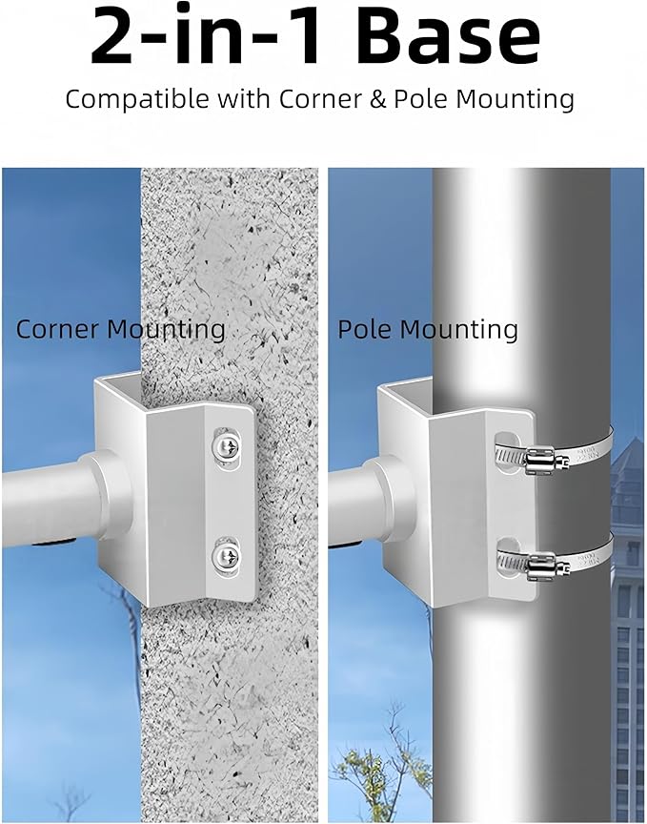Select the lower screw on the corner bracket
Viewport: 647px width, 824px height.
click(x=227, y=557)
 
